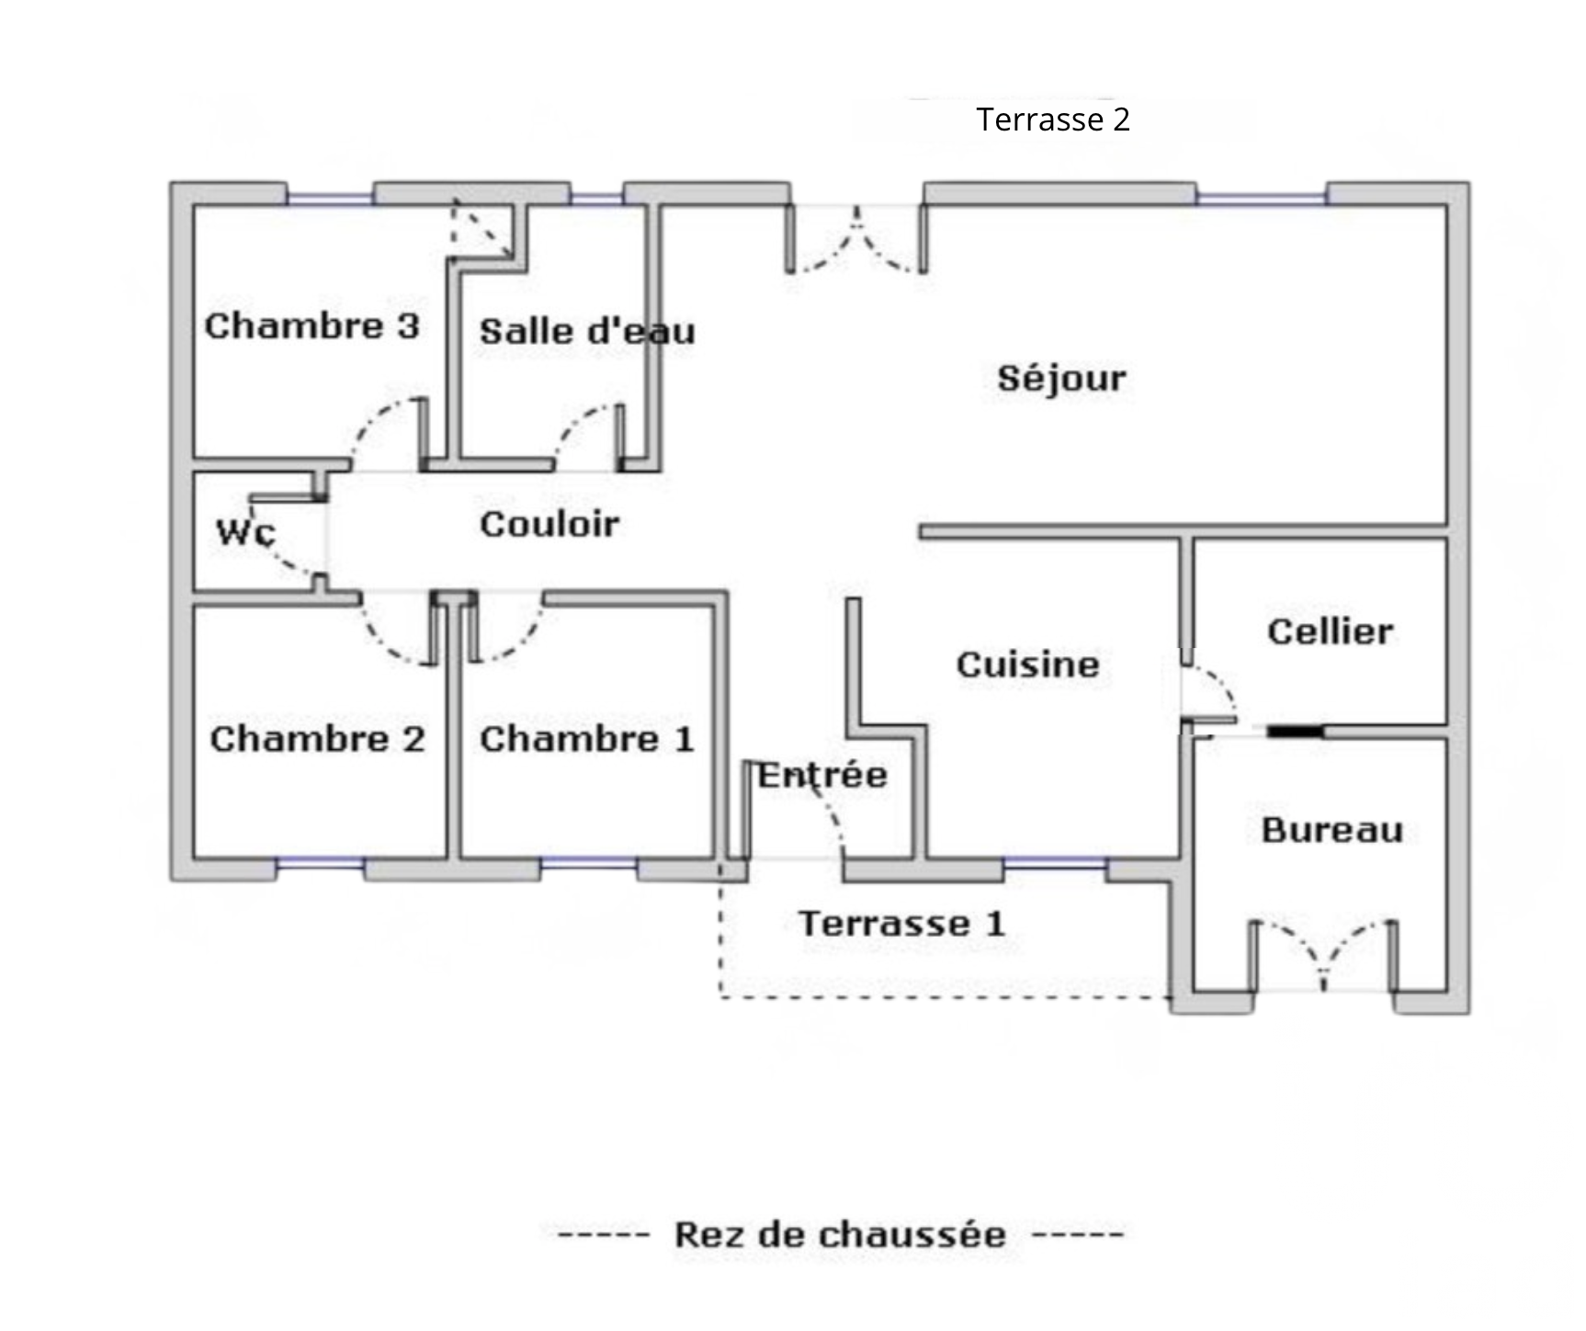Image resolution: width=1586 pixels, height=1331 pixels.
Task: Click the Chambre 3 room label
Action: click(312, 326)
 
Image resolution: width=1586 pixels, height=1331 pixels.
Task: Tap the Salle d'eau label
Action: click(586, 332)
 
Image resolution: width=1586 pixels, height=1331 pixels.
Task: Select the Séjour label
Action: click(1061, 378)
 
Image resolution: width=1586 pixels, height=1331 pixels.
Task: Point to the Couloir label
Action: click(549, 524)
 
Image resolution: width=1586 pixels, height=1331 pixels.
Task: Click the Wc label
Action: click(245, 532)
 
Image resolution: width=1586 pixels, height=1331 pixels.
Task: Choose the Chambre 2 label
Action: click(317, 739)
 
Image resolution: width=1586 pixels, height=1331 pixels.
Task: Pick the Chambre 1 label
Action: click(586, 739)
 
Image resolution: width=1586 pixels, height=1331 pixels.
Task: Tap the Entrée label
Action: click(822, 775)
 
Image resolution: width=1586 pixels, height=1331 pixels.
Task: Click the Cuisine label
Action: click(1027, 665)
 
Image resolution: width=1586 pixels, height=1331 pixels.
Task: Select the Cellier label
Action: click(1330, 631)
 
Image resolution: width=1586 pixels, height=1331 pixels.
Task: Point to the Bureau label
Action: click(1331, 830)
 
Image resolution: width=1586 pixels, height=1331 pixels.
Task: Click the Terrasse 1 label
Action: click(901, 924)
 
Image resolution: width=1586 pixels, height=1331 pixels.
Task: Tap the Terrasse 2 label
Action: click(1053, 119)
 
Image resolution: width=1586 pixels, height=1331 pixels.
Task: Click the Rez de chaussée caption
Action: click(840, 1234)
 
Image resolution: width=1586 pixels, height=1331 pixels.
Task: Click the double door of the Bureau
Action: click(1323, 956)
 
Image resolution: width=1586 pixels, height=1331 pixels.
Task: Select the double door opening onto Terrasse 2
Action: click(856, 241)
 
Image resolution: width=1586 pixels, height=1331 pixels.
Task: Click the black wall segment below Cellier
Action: click(1296, 732)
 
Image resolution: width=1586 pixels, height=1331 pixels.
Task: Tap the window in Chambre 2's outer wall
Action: click(321, 863)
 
